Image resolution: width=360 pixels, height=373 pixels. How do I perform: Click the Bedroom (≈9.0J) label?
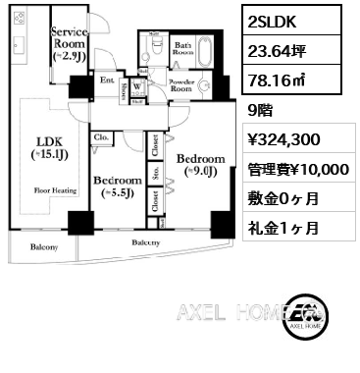point(202,164)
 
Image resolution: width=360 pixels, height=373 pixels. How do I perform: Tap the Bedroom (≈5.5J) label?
point(117,186)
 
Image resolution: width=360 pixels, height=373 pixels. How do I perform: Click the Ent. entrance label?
point(109,80)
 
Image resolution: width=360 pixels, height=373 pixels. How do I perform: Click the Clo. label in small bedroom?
point(101,139)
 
